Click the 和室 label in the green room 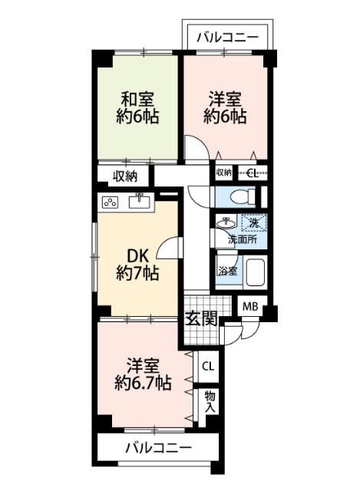pyautogui.click(x=137, y=99)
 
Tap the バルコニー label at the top pyautogui.click(x=226, y=36)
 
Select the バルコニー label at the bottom pyautogui.click(x=158, y=447)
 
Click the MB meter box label pyautogui.click(x=250, y=306)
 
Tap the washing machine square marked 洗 pyautogui.click(x=253, y=223)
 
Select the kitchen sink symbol pyautogui.click(x=140, y=202)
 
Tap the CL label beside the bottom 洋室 pyautogui.click(x=207, y=366)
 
